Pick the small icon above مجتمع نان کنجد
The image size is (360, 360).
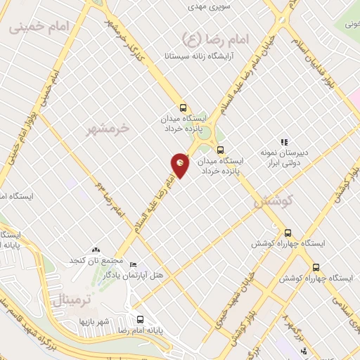(x=96, y=250)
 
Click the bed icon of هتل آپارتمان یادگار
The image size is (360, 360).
(x=134, y=265)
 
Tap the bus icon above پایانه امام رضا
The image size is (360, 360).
(x=140, y=318)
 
